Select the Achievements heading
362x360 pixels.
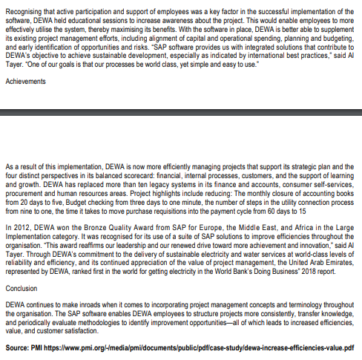click(26, 84)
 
